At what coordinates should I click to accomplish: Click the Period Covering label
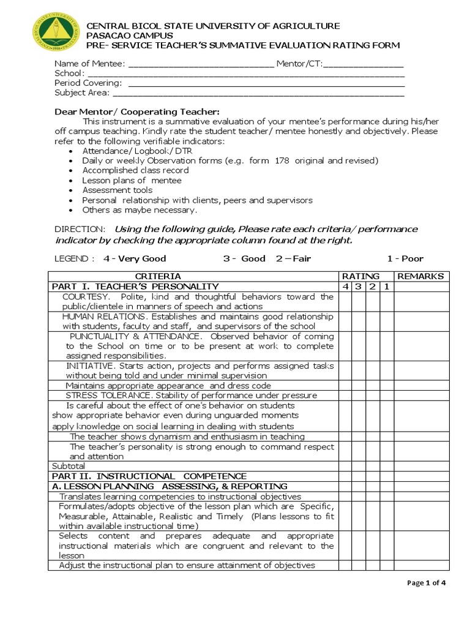click(88, 83)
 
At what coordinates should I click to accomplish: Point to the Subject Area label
click(82, 93)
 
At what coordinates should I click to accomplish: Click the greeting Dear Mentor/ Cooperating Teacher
click(136, 111)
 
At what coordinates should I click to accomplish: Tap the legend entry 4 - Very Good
click(135, 258)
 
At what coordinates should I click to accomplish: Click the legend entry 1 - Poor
click(405, 258)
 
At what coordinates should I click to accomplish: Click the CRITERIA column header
click(158, 277)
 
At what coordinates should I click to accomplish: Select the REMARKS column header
click(420, 277)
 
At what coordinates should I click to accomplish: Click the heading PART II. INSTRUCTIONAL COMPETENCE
click(149, 476)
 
